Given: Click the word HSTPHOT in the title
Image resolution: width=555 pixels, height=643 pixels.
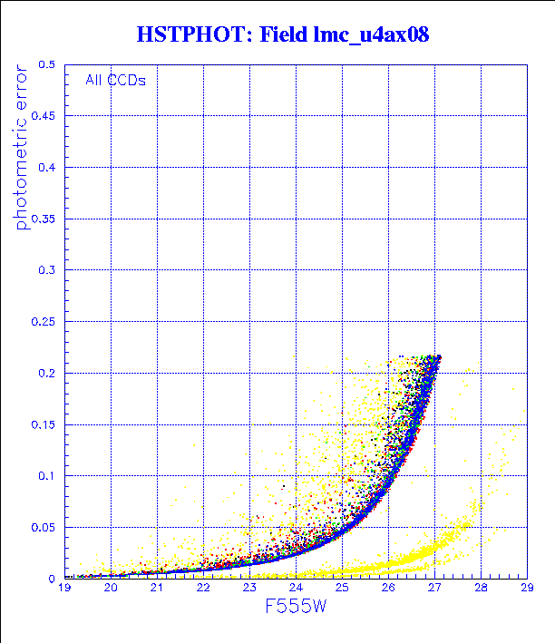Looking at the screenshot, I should (x=185, y=35).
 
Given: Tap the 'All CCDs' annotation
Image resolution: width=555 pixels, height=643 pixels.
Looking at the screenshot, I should (x=115, y=80).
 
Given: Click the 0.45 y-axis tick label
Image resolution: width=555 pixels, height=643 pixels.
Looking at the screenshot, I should (x=44, y=116).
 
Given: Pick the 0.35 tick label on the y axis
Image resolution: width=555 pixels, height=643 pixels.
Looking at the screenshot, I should (x=44, y=219).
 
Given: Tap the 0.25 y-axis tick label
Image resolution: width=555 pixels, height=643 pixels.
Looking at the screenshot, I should (x=44, y=322).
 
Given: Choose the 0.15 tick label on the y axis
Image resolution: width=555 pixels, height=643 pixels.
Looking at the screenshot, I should (x=44, y=424).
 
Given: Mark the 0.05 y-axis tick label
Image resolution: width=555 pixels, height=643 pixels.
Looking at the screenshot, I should (x=44, y=527).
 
